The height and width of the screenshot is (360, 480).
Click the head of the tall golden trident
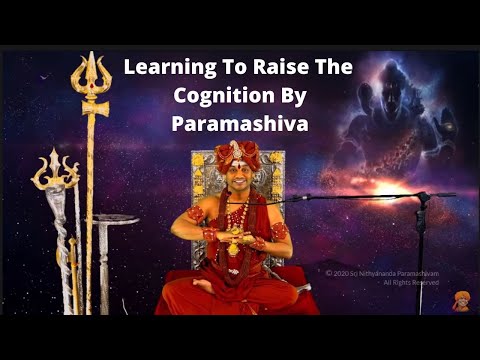[90, 75]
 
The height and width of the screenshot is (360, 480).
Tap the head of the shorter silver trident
[55, 171]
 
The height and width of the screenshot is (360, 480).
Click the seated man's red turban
[236, 154]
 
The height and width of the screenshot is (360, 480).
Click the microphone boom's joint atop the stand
[421, 198]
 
